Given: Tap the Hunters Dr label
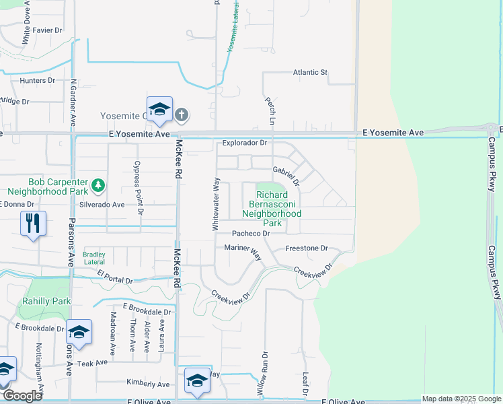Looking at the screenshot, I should point(37,80).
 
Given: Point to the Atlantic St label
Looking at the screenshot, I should point(309,72).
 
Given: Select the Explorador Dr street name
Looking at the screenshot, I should point(245,143).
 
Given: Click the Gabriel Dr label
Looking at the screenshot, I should point(286,176).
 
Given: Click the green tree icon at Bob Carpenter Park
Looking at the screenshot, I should point(98,184).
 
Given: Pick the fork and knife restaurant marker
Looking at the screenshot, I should point(33,222).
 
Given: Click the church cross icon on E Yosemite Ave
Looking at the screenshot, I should point(181,115).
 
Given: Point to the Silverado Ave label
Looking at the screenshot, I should point(102,204).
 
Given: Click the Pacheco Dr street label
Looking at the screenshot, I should point(250,233).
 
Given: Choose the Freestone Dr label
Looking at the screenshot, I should point(306,248).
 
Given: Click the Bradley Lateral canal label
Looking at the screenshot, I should point(94,258).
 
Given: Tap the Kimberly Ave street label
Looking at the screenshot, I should point(148,383).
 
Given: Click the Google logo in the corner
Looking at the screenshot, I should point(22,396).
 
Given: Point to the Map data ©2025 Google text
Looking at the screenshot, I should point(461,399).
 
